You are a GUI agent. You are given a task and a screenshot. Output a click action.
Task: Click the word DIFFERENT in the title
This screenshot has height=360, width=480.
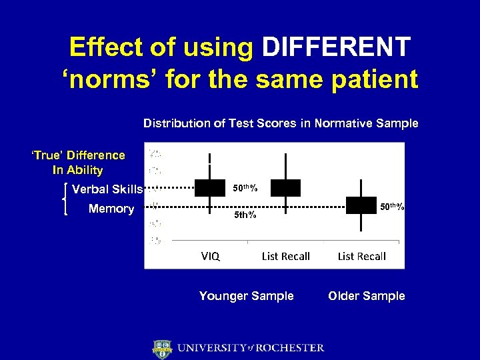(337, 47)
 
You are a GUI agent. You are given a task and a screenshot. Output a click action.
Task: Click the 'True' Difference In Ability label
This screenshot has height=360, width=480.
(78, 163)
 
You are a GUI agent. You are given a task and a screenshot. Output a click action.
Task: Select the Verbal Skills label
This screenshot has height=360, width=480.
(107, 189)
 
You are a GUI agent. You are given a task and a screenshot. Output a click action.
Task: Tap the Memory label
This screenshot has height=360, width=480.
(111, 209)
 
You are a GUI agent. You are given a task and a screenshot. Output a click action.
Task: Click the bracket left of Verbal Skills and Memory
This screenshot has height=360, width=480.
(64, 199)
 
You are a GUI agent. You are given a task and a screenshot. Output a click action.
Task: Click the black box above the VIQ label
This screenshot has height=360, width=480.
(209, 188)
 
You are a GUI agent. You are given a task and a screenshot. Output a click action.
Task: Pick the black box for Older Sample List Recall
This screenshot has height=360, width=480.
(361, 205)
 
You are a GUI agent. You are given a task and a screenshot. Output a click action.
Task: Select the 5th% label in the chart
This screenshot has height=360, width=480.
(245, 215)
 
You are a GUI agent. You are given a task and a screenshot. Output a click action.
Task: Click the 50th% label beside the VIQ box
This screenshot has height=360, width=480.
(245, 188)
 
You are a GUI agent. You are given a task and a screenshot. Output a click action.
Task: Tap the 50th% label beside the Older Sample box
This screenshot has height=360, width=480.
(391, 207)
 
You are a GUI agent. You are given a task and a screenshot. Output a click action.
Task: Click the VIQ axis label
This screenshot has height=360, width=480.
(211, 256)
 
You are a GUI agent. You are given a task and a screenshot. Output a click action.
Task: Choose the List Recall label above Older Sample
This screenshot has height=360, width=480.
(361, 256)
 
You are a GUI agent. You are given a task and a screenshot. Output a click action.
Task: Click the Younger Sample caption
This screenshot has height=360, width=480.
(246, 296)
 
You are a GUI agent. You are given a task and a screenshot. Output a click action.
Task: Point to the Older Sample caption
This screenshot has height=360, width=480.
(367, 296)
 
